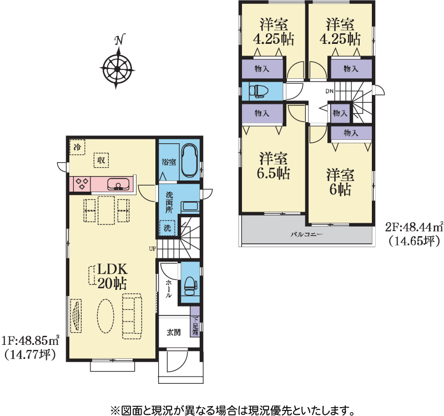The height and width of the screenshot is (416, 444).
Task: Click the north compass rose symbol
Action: [117, 68]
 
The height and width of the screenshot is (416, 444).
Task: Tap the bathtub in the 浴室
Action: [189, 162]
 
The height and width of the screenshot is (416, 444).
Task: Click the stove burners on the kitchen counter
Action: [82, 183]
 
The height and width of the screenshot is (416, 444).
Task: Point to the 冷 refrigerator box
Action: [77, 147]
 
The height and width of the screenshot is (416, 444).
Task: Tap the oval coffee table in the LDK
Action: [105, 315]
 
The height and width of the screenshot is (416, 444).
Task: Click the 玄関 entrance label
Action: [174, 332]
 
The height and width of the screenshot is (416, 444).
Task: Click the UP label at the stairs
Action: [152, 249]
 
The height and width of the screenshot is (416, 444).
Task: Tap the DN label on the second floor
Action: [329, 91]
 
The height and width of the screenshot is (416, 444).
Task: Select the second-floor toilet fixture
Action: [258, 91]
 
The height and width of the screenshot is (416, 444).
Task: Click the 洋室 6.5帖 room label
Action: [274, 166]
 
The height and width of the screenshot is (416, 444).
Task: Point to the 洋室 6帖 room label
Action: [340, 182]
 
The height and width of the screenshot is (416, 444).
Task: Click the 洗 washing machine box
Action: [167, 228]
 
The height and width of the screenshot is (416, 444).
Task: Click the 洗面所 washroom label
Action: [169, 203]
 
